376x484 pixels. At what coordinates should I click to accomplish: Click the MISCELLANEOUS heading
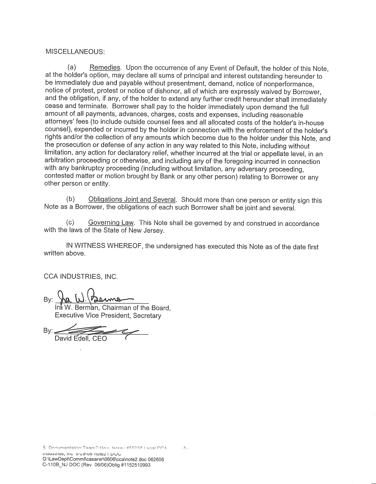(75, 52)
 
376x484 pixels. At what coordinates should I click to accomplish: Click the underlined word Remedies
(105, 67)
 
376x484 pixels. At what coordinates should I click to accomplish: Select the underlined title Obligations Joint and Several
(132, 199)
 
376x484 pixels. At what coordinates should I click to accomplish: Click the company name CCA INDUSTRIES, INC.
(81, 276)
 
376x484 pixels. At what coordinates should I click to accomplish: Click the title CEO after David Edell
(100, 339)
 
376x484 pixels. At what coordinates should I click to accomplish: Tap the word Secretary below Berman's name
(147, 316)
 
